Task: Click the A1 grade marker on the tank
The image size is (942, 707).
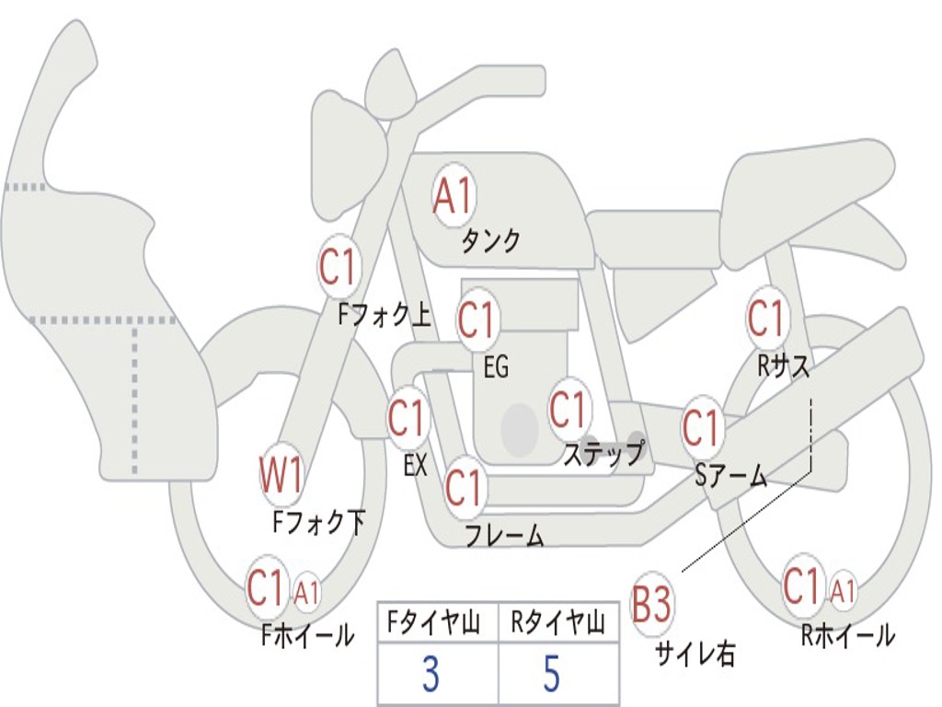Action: click(453, 196)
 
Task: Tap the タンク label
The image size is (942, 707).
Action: click(490, 241)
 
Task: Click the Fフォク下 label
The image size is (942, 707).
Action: click(319, 523)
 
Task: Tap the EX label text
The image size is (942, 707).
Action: click(416, 465)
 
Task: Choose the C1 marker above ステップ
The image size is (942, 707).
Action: click(568, 410)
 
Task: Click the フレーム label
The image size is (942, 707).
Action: click(504, 535)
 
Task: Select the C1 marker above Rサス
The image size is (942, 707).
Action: click(765, 319)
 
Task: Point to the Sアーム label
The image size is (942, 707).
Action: click(730, 475)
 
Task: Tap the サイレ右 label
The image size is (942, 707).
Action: click(695, 654)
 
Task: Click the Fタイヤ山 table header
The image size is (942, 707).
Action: click(435, 624)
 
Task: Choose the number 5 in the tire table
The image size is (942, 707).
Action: click(552, 675)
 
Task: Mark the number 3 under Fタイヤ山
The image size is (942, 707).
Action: click(430, 675)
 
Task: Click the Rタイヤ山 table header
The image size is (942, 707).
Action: click(558, 624)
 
